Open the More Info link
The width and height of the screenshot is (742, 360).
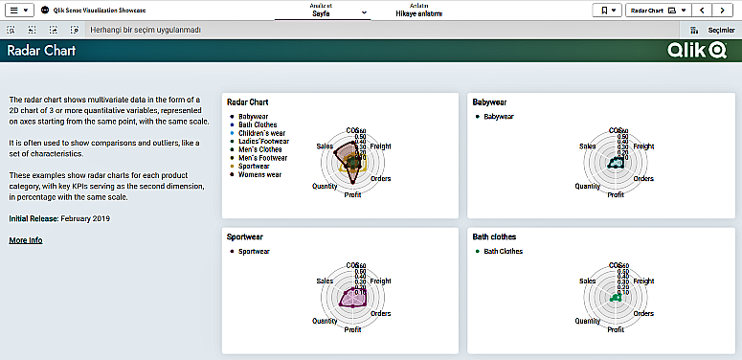coord(26,240)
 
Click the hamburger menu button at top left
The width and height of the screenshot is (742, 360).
coord(19,10)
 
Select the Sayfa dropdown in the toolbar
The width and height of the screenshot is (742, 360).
coord(334,11)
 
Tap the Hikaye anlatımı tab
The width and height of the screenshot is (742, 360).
coord(419,11)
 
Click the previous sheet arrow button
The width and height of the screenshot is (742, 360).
coord(704,10)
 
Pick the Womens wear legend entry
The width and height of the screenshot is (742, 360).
coord(259,174)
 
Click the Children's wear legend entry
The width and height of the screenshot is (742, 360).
coord(262,133)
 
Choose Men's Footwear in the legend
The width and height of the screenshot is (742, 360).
coord(262,158)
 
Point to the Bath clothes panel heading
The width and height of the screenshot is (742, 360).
coord(497,236)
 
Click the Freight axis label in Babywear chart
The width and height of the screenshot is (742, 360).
coord(643,146)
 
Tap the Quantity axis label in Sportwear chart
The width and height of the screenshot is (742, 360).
coord(325,321)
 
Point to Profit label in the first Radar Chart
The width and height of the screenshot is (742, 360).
coord(353,194)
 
